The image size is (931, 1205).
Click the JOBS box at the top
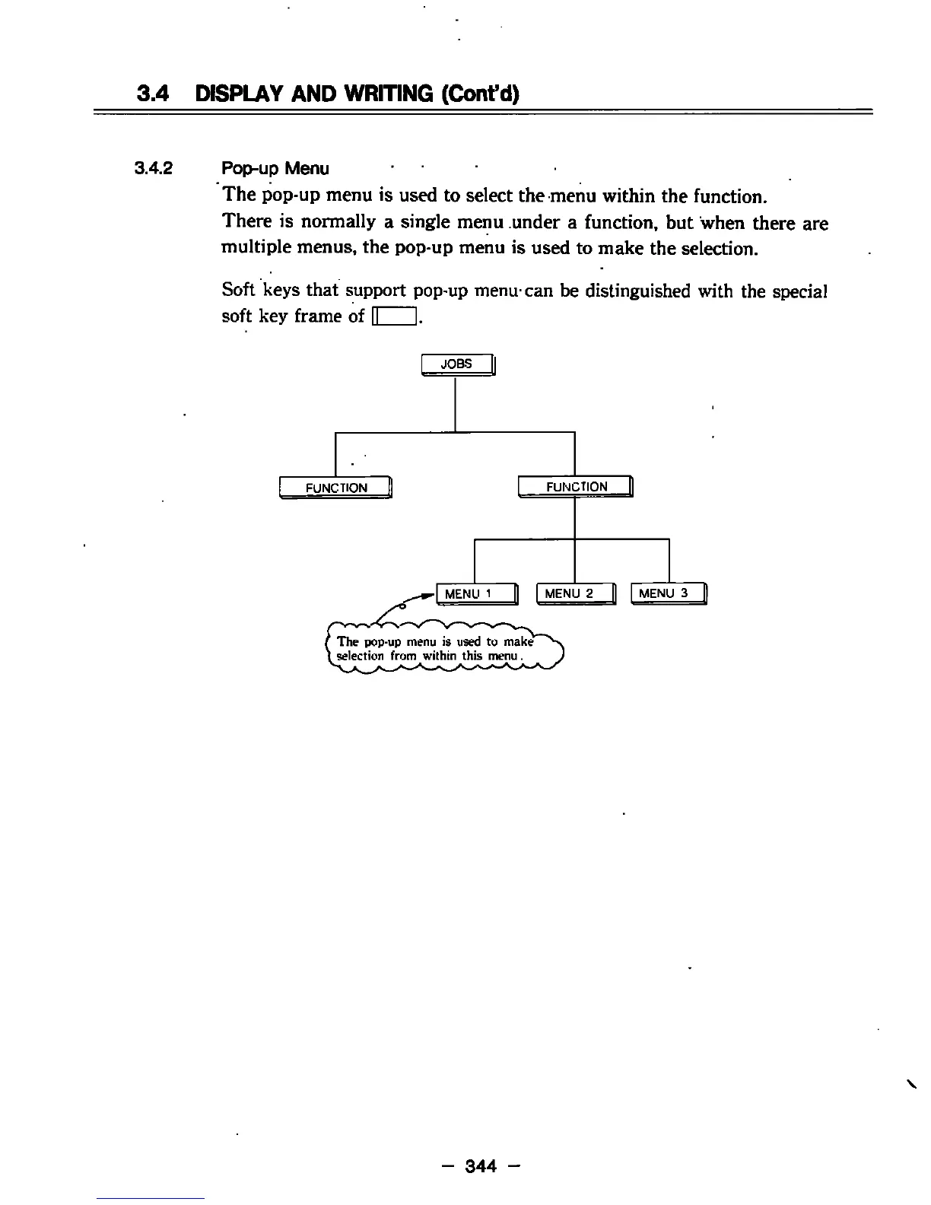458,364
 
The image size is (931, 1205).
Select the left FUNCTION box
335,488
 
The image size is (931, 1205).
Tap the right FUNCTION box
576,487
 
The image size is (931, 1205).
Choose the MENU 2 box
576,593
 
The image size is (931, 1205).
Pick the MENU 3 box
669,593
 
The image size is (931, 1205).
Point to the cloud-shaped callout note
441,649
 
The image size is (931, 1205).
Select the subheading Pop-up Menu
275,168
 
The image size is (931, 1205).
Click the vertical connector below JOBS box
455,404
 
